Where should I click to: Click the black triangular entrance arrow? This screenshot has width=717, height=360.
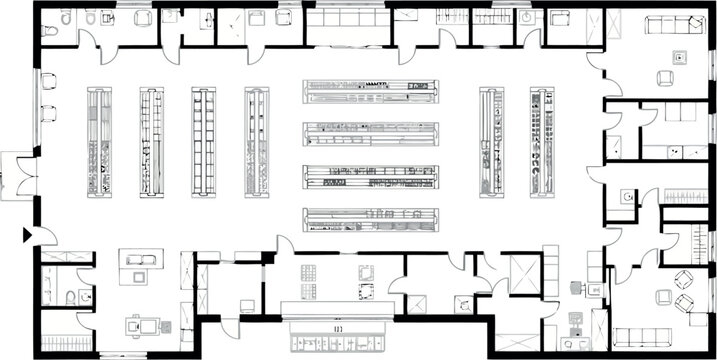[x=27, y=235]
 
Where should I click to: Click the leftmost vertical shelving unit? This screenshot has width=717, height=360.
[x=99, y=141]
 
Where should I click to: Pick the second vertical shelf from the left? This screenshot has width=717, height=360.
[x=151, y=141]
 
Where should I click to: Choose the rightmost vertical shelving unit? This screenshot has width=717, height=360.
[x=543, y=141]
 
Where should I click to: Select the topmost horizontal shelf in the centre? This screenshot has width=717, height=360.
[x=371, y=91]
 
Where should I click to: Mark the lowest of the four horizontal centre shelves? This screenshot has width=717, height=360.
[x=371, y=219]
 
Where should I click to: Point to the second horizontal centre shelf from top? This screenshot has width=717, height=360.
[x=371, y=133]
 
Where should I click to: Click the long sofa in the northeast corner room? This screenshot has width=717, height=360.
[x=672, y=25]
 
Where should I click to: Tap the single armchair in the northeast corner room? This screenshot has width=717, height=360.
[x=665, y=77]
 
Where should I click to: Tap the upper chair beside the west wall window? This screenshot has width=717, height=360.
[x=47, y=84]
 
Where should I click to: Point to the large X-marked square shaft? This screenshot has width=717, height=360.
[x=523, y=273]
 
